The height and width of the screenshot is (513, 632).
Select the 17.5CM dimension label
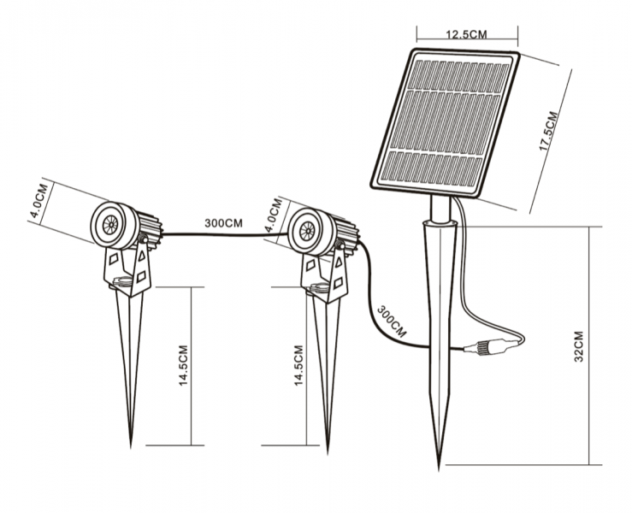pyautogui.click(x=549, y=130)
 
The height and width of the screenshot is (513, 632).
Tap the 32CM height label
pyautogui.click(x=578, y=345)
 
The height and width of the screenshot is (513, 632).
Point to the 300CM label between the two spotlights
pyautogui.click(x=222, y=222)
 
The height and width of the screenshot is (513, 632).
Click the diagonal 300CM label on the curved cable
pyautogui.click(x=391, y=319)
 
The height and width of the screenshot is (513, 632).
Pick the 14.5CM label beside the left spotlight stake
pyautogui.click(x=182, y=367)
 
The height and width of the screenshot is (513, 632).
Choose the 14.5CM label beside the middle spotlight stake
pyautogui.click(x=298, y=367)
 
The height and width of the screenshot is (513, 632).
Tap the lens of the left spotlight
pyautogui.click(x=109, y=226)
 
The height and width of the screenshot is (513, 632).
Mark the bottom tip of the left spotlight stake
pyautogui.click(x=131, y=445)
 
